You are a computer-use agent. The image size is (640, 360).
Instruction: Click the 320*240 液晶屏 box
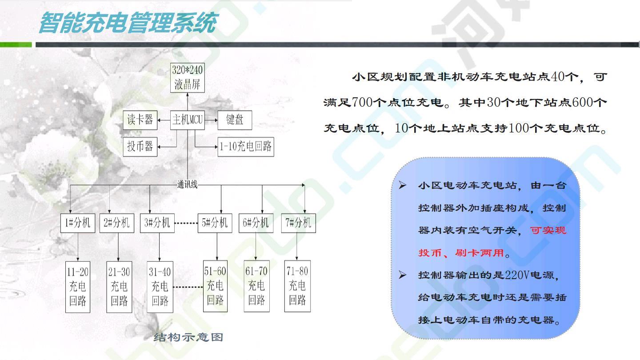pos(188,78)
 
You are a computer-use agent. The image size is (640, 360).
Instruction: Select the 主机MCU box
pos(188,120)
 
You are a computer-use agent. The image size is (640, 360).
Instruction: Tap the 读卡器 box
pos(140,120)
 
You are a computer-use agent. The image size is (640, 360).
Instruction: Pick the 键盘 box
pos(235,120)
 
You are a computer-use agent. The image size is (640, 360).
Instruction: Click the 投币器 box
pos(140,147)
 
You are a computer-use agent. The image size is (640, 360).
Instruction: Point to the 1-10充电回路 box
pos(246,147)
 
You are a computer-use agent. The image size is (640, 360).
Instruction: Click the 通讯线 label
pos(188,184)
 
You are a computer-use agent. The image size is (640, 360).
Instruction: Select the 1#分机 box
pos(78,223)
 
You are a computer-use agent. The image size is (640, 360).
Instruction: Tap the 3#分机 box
pos(157,223)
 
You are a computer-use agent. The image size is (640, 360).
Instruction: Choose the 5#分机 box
pos(215,223)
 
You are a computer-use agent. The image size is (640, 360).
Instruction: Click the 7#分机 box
pos(298,223)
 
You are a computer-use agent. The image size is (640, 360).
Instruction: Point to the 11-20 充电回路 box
pos(78,287)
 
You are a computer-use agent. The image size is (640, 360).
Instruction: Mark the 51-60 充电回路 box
pos(215,286)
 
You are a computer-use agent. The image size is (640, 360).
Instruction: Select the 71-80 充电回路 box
pos(297,286)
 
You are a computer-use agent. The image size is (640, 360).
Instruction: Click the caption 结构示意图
pos(188,337)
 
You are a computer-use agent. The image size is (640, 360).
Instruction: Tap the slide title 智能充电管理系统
pos(128,23)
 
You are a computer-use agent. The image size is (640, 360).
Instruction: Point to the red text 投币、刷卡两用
pos(461,253)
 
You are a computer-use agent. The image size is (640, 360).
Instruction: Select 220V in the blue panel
pos(518,275)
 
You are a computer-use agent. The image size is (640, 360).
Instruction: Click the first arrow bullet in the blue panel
pos(403,185)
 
